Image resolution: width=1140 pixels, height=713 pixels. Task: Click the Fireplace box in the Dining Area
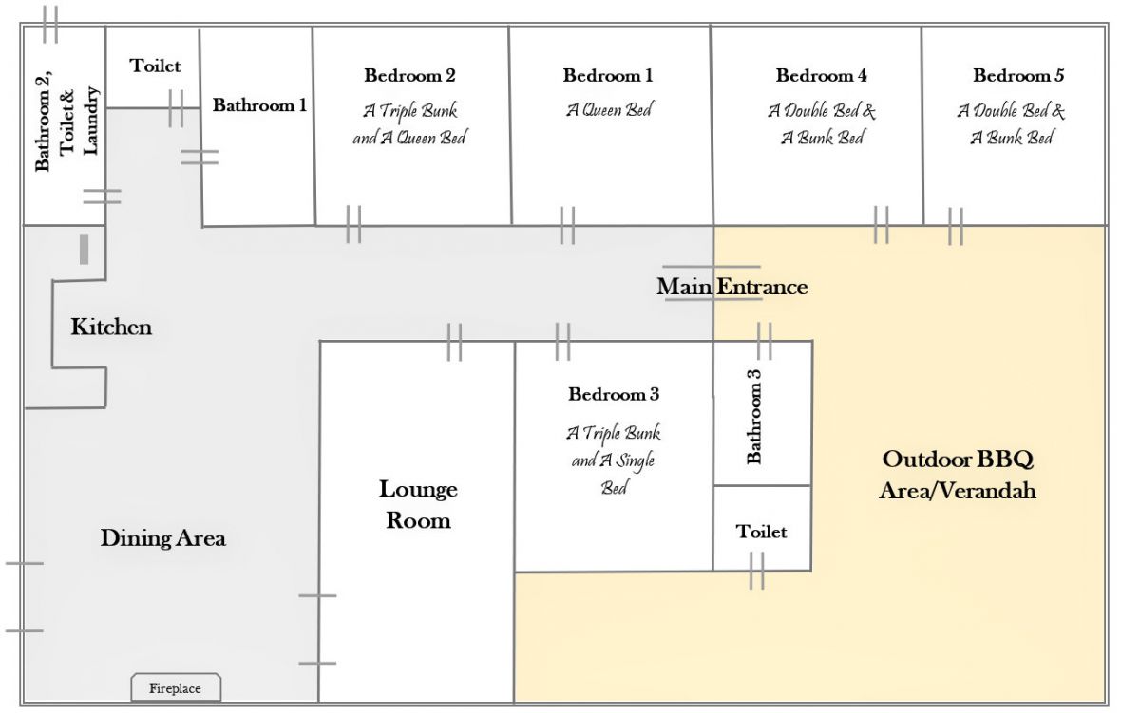tap(176, 687)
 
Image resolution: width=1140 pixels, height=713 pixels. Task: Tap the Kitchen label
tap(111, 327)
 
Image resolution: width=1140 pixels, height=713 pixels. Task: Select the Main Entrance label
tap(731, 287)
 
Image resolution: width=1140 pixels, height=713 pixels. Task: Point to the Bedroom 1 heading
tap(608, 75)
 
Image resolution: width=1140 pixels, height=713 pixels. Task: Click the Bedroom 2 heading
tap(409, 75)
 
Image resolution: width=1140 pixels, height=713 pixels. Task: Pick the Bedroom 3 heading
tap(614, 394)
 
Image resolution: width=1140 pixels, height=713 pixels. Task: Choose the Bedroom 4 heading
tap(821, 75)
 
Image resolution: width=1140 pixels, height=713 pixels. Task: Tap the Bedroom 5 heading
tap(1018, 75)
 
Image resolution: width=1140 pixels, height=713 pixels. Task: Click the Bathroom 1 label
tap(259, 105)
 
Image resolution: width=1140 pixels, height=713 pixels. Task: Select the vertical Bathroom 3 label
tap(753, 417)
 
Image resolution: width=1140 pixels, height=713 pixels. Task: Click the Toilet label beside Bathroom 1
tap(155, 66)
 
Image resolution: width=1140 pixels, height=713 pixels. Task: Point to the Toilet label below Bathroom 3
tap(761, 532)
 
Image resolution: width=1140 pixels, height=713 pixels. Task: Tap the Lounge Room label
tap(418, 505)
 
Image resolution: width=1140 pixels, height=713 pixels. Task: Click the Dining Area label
tap(162, 538)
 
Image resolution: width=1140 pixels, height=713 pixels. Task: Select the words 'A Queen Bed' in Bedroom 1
tap(609, 110)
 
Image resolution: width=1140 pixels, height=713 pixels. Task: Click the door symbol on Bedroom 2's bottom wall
tap(353, 225)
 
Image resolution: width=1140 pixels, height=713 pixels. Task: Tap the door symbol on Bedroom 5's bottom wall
tap(956, 226)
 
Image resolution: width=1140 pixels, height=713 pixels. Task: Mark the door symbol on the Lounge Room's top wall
tap(454, 342)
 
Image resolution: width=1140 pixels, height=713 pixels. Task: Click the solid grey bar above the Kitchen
tap(84, 249)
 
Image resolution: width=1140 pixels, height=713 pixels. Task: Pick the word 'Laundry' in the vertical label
tap(90, 121)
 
